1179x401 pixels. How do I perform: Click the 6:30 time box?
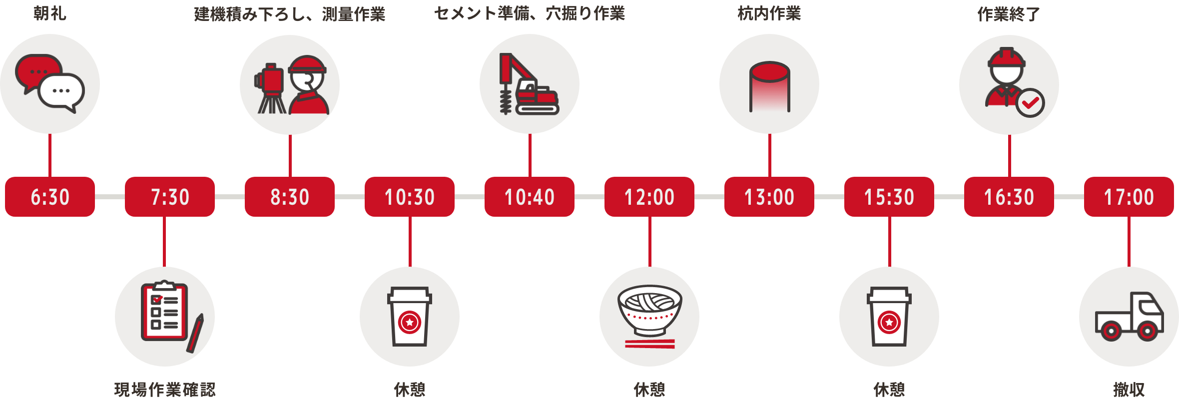click(50, 197)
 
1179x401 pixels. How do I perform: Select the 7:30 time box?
click(170, 197)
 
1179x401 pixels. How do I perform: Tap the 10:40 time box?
click(530, 197)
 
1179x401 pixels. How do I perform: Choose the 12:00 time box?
click(649, 197)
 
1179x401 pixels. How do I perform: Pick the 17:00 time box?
click(1129, 197)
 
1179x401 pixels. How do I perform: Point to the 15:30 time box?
click(889, 197)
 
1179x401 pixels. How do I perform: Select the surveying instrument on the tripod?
click(271, 88)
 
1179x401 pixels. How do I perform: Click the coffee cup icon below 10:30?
click(410, 317)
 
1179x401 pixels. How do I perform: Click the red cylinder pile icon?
click(769, 86)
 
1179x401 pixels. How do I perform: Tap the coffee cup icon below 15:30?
click(889, 317)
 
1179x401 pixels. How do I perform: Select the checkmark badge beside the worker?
click(1030, 103)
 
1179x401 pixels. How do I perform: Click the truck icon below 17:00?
click(1129, 317)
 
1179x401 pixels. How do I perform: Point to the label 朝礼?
click(50, 13)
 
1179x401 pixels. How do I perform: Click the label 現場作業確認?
click(165, 390)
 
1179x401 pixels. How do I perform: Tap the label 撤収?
click(1129, 390)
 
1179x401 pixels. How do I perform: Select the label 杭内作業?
click(769, 13)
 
